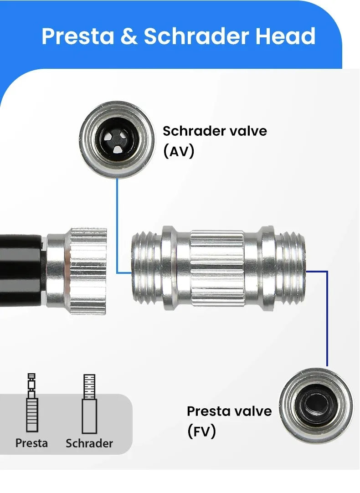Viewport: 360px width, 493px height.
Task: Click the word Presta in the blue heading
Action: [78, 36]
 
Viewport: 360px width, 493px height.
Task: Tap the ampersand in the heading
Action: [129, 36]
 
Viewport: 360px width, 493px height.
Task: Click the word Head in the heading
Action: [285, 36]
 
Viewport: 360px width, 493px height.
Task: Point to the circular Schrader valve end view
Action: [117, 139]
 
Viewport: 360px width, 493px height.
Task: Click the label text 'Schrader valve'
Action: [215, 131]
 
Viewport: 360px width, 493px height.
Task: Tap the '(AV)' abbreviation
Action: [179, 151]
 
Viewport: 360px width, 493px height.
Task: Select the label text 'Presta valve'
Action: [229, 411]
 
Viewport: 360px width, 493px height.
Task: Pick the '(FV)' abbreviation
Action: [201, 431]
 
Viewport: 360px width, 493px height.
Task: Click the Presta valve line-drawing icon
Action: [32, 402]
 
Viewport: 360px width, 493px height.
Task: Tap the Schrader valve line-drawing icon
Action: [89, 404]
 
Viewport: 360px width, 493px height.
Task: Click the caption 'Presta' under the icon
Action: [31, 443]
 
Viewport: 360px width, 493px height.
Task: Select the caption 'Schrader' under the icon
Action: [89, 443]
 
